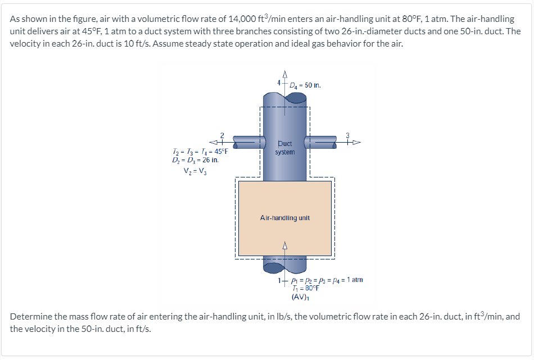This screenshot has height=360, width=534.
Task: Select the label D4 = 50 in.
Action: point(306,85)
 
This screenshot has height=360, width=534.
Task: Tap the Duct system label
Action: point(284,148)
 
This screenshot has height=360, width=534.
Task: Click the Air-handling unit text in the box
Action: point(284,217)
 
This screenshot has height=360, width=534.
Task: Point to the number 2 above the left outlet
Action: point(222,135)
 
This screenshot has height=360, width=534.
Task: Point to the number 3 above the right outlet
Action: point(347,135)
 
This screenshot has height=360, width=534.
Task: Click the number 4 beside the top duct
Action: point(278,83)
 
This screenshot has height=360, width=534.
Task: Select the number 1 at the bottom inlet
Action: point(279,279)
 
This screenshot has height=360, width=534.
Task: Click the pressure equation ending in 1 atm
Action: point(328,279)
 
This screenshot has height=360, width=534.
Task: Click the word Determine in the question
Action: point(31,316)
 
